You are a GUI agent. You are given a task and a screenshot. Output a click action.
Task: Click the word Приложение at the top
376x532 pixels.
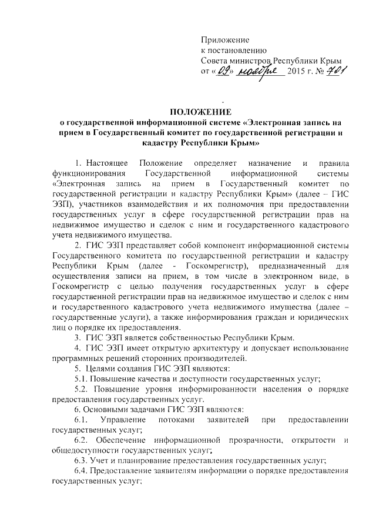(225, 40)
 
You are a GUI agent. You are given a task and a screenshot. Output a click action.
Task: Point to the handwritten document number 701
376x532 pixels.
(334, 71)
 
